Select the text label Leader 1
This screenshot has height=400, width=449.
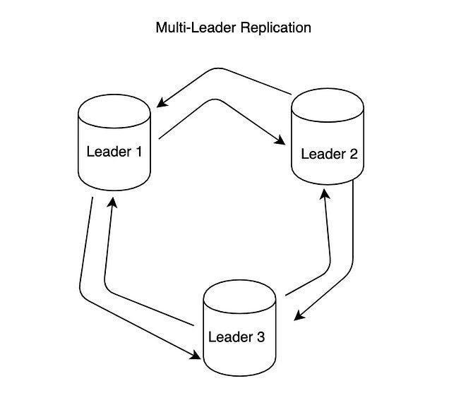point(114,150)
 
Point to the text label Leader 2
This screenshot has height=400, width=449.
point(329,153)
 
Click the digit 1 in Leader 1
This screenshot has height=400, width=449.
point(138,150)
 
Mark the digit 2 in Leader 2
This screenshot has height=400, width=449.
point(353,153)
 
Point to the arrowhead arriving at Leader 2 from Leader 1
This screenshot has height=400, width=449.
point(281,144)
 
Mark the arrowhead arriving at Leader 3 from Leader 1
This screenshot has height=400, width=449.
point(197,357)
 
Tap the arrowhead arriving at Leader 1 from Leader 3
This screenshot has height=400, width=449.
point(111,202)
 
